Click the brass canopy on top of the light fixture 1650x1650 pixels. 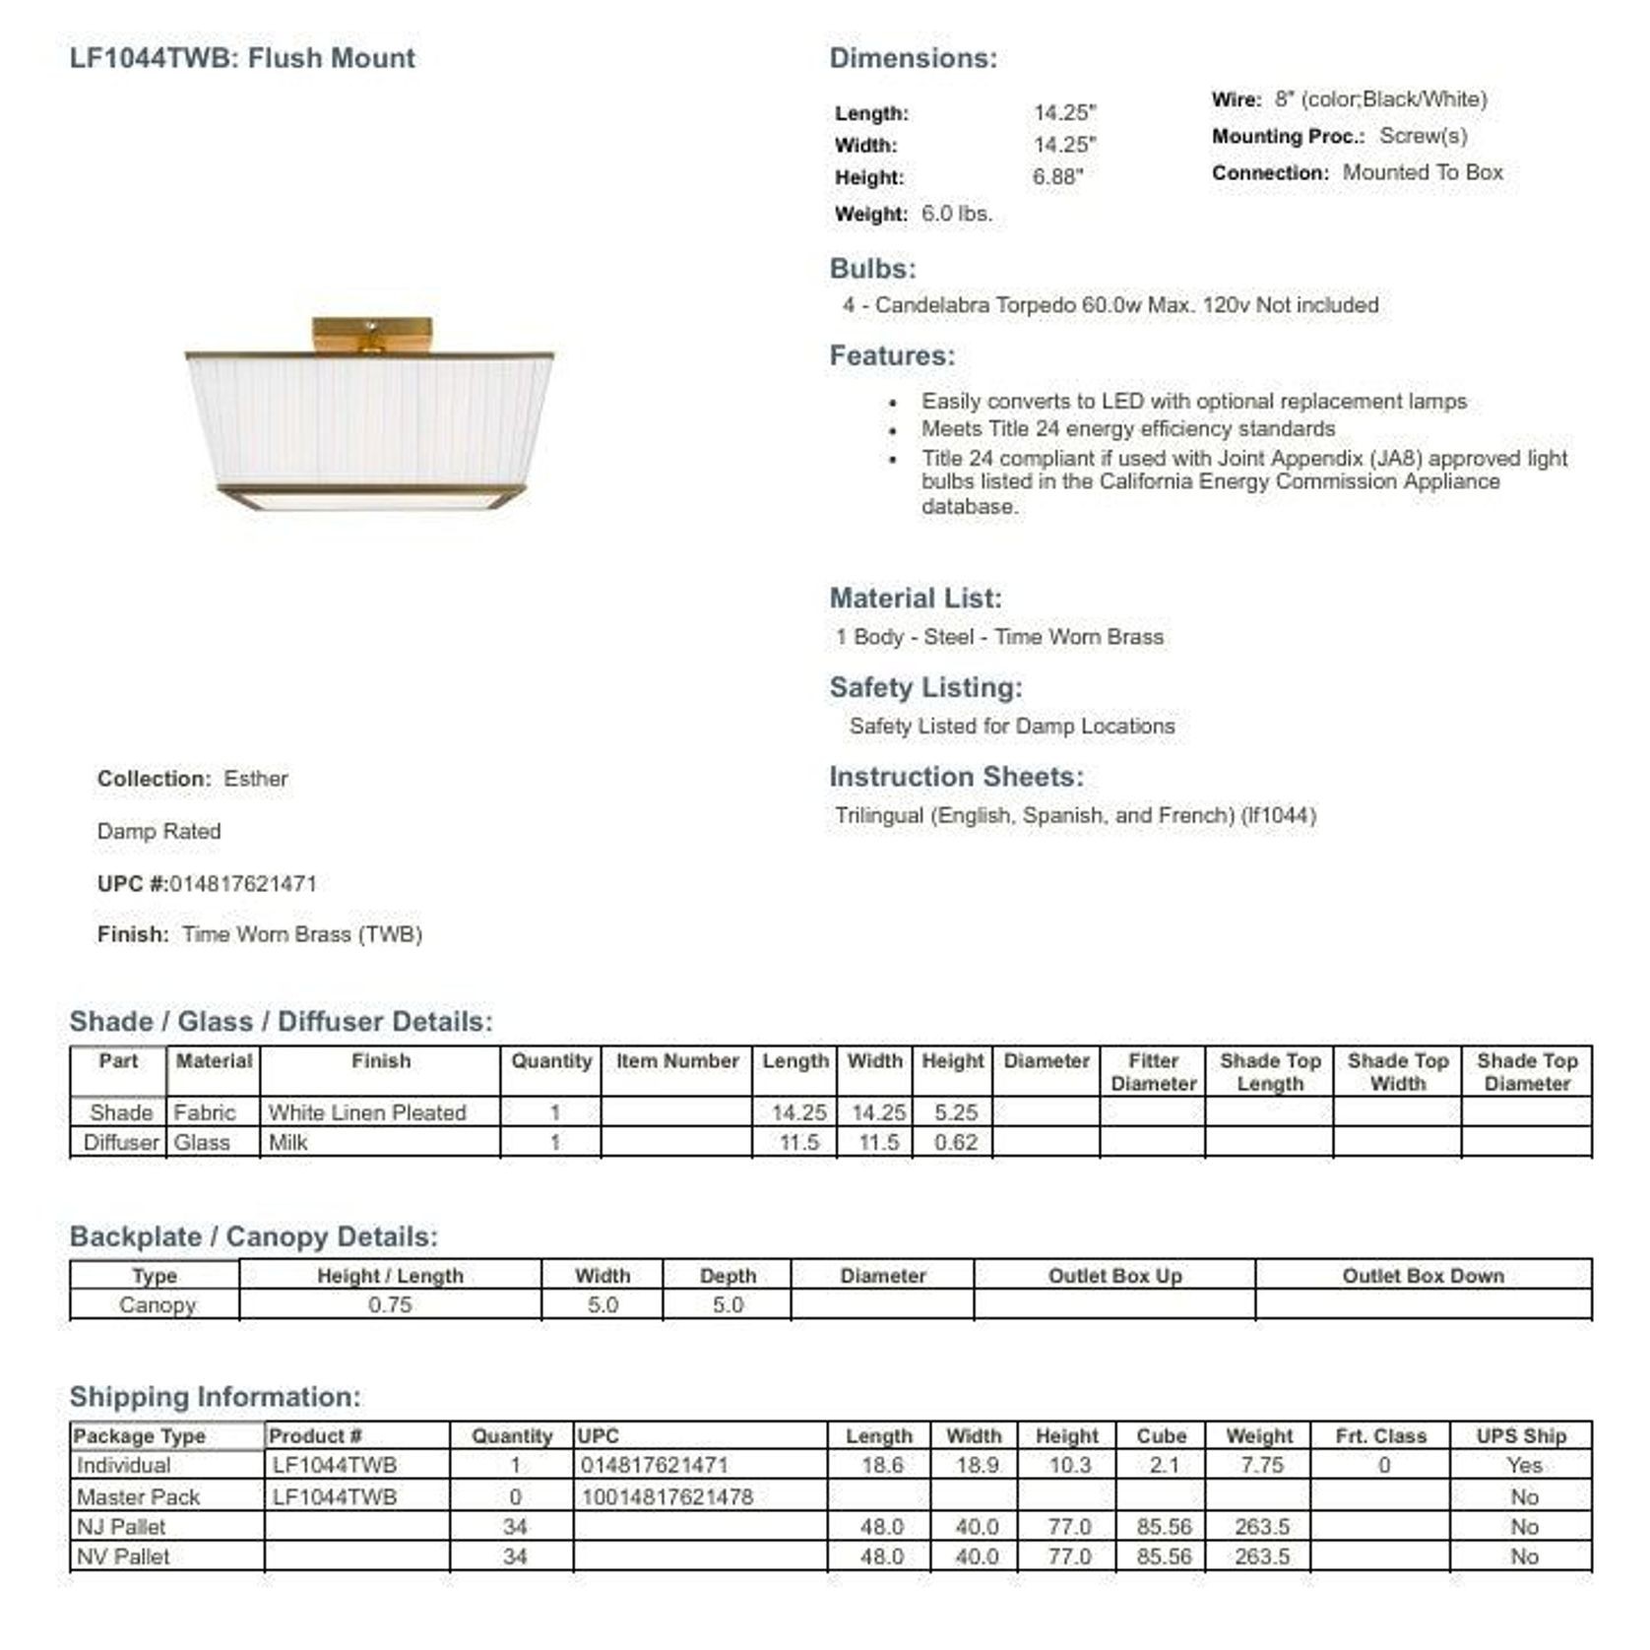tap(371, 334)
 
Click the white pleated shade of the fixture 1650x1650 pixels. tap(369, 421)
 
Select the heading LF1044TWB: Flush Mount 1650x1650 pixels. tap(242, 58)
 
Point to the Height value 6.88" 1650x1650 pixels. tap(1057, 177)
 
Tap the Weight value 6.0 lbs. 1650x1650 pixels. tap(956, 214)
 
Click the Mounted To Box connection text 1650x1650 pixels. tap(1423, 172)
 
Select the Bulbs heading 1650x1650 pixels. tap(872, 268)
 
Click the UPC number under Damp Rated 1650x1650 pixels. tap(243, 883)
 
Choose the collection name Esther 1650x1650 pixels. tap(255, 779)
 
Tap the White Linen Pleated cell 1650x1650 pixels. tap(367, 1112)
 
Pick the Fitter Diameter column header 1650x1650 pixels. tap(1153, 1072)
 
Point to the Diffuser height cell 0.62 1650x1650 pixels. tap(955, 1143)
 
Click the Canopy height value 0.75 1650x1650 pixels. tap(390, 1305)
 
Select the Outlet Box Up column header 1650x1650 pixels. tap(1114, 1276)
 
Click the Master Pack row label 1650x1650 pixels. tap(138, 1497)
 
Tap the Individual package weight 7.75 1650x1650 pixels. tap(1261, 1466)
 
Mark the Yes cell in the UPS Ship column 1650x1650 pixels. tap(1523, 1466)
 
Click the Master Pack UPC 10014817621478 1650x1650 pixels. tap(666, 1497)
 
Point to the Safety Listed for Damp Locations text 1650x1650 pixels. tap(1011, 727)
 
